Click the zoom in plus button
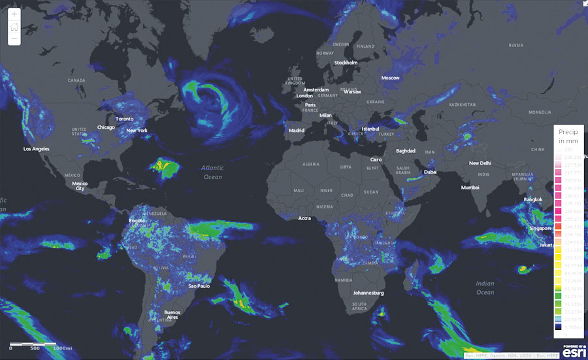tap(14, 14)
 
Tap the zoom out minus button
tap(14, 39)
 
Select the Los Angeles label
tap(37, 149)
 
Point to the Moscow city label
tap(390, 78)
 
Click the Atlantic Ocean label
tap(212, 172)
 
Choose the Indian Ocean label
tap(485, 287)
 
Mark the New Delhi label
tap(480, 163)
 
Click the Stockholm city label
tap(346, 63)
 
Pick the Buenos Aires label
tap(172, 315)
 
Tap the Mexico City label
tap(80, 186)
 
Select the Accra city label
tap(304, 218)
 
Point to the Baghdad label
tap(405, 151)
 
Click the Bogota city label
tap(137, 220)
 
